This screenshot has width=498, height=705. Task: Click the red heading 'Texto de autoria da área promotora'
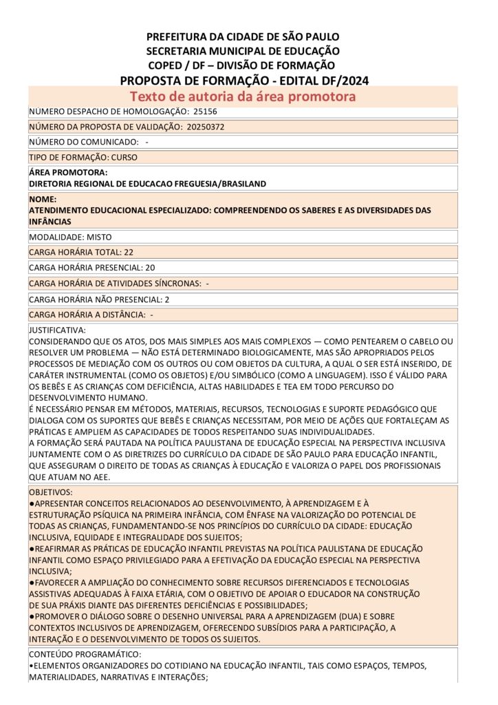(243, 96)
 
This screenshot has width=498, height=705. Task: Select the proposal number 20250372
(206, 127)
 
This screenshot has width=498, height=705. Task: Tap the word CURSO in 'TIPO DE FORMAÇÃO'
(124, 157)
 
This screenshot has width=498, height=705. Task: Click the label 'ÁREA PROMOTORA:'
(68, 173)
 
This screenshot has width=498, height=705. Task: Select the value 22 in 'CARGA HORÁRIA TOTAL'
(129, 252)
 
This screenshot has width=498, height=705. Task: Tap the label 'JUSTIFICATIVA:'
(57, 330)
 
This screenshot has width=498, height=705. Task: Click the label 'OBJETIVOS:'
(51, 493)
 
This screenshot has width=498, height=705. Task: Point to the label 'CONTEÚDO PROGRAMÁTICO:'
(85, 654)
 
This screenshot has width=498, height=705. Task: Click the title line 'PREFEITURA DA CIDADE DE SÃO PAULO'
(243, 36)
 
